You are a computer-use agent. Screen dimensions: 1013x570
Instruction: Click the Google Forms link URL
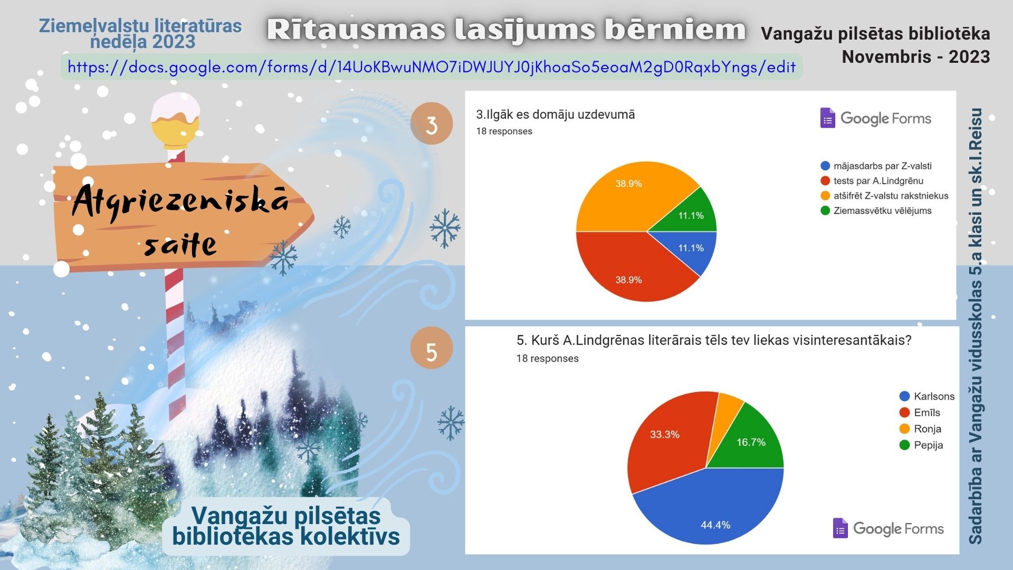click(x=432, y=67)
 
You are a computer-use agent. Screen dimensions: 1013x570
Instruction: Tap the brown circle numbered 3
click(x=432, y=123)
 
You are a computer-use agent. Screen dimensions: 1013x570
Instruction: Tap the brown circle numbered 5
click(x=432, y=348)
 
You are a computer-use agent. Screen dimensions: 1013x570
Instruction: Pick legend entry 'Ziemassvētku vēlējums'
click(x=876, y=211)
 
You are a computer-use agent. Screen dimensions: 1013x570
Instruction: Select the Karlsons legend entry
click(x=927, y=396)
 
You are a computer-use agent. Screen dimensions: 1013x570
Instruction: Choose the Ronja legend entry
click(x=920, y=429)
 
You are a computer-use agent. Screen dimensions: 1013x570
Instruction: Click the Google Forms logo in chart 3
click(x=876, y=118)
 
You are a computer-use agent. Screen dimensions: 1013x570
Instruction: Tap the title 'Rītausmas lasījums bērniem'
click(x=506, y=30)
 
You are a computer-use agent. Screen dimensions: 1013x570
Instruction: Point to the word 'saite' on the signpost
click(x=180, y=244)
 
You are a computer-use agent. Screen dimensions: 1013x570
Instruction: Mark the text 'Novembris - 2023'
click(x=916, y=56)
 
